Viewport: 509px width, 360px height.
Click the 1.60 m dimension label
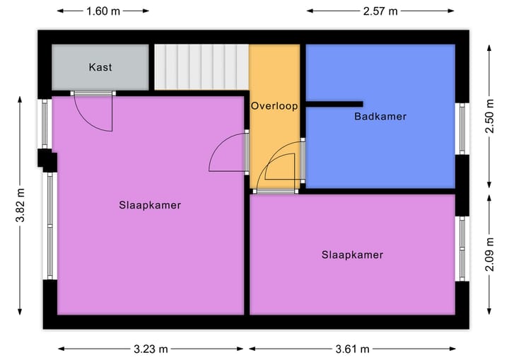click(x=103, y=11)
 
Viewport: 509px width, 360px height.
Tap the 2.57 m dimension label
click(x=380, y=11)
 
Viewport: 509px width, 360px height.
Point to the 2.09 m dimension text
click(x=488, y=255)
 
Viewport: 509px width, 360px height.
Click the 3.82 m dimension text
click(x=21, y=206)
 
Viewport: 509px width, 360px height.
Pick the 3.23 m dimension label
click(x=150, y=349)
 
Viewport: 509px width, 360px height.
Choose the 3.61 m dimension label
click(x=352, y=349)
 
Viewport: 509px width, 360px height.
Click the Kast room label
click(x=100, y=68)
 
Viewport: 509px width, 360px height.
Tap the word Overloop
click(x=274, y=105)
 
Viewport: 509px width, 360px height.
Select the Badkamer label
click(x=380, y=116)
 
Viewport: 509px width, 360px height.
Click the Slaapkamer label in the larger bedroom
click(x=150, y=205)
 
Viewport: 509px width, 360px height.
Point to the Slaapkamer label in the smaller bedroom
click(x=352, y=255)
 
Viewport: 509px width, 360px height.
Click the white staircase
click(x=201, y=67)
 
